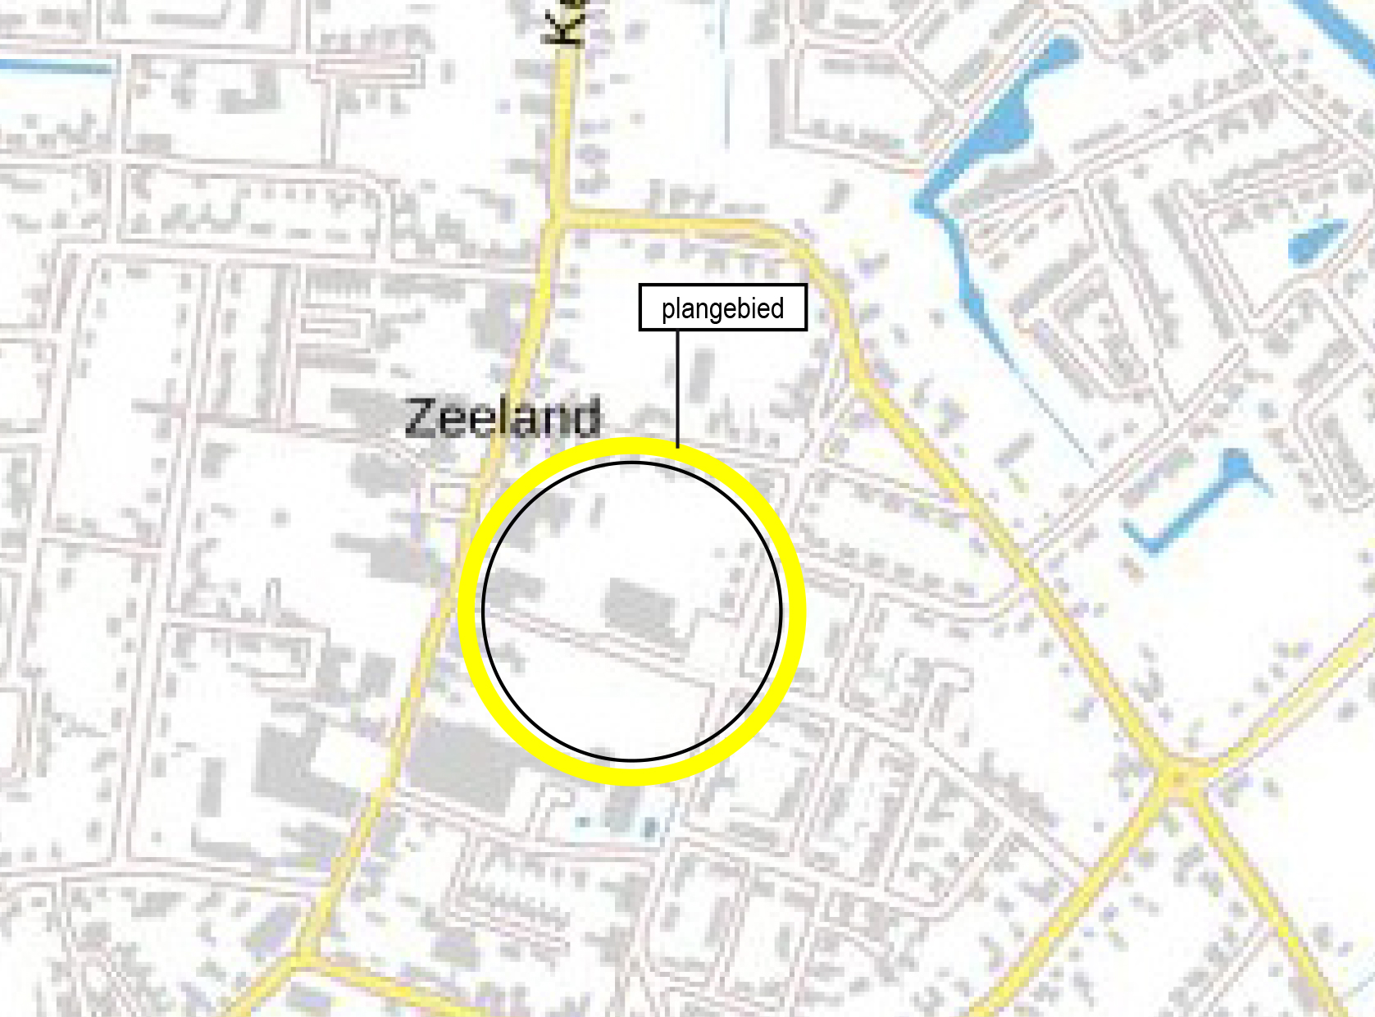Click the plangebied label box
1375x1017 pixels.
[722, 308]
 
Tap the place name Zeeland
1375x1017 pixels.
[503, 417]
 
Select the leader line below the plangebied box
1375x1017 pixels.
[678, 385]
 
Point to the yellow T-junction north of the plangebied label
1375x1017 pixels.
[562, 217]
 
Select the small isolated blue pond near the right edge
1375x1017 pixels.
[1316, 238]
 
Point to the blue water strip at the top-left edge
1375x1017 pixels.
[57, 66]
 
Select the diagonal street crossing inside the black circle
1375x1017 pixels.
[607, 644]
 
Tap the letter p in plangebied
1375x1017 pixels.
[667, 310]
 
